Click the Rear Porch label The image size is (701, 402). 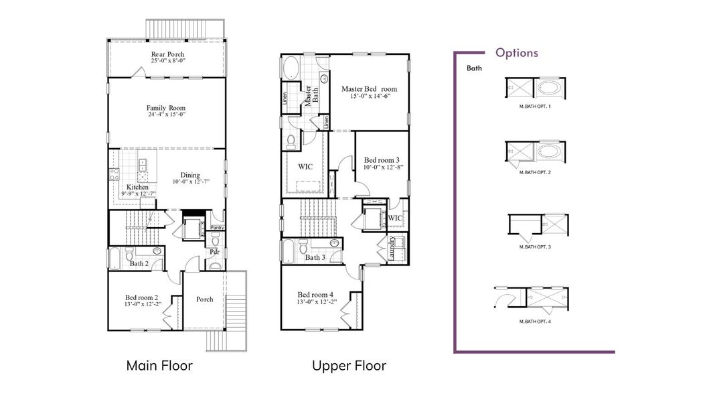pos(167,54)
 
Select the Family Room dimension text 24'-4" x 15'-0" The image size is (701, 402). pos(166,115)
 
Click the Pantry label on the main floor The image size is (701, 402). pos(217,228)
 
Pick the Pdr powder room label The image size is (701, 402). pos(214,253)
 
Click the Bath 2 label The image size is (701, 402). pos(139,264)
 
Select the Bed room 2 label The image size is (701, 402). pos(141,297)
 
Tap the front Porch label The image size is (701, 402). pos(204,299)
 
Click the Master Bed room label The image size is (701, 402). pos(369,88)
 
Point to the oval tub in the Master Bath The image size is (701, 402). pos(292,69)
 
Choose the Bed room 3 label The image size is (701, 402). pos(382,160)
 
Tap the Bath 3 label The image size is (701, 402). pos(315,257)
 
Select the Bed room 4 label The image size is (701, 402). pos(314,294)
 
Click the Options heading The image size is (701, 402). pos(516,53)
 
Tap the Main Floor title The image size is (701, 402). pos(159,366)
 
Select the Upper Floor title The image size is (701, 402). pos(349,366)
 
